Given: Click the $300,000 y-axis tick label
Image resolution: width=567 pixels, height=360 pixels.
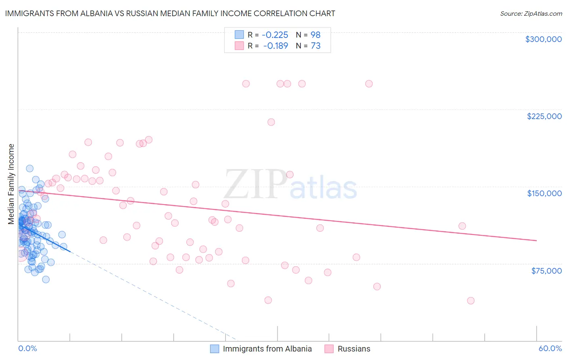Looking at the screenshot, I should click(543, 39).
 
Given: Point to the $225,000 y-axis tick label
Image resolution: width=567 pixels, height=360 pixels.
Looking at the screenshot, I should click(544, 116).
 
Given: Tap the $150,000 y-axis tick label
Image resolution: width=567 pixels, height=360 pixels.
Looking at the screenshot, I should click(544, 193).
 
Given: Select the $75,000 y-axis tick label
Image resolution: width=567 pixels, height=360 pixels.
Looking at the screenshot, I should click(546, 271).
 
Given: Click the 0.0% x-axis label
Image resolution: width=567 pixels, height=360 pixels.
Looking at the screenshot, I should click(27, 348).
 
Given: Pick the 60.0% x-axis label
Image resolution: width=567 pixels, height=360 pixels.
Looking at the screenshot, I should click(550, 348).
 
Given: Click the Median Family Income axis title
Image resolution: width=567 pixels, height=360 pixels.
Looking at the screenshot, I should click(11, 184).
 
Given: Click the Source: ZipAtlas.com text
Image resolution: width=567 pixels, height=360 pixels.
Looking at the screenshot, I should click(531, 13).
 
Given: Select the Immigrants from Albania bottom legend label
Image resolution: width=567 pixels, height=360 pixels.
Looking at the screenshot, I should click(267, 349).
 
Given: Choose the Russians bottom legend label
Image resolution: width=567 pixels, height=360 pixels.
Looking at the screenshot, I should click(354, 349).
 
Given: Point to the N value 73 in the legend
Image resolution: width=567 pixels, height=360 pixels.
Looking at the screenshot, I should click(315, 46).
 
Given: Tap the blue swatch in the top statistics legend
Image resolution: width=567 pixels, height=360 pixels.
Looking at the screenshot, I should click(240, 35).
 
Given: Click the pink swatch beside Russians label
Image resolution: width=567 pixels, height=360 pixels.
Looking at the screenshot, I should click(329, 349).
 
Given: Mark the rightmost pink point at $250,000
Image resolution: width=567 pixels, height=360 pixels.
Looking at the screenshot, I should click(369, 84).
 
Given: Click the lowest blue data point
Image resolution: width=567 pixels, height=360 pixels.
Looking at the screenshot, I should click(46, 279).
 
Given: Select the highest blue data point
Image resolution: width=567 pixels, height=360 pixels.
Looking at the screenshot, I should click(29, 168).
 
